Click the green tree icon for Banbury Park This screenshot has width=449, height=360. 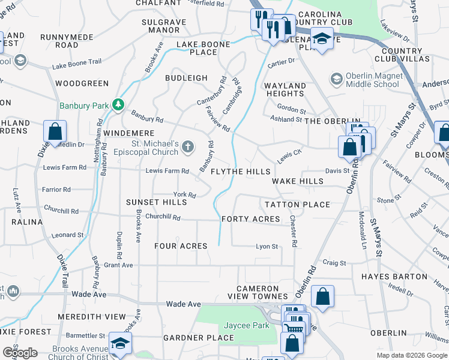[x=119, y=105]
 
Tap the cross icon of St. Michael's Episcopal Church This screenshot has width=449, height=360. [x=188, y=146]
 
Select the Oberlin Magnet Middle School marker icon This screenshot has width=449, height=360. [x=336, y=79]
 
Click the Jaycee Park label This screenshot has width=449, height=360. [x=246, y=325]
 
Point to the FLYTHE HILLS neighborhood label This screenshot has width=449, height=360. [x=241, y=172]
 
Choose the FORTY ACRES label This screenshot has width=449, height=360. [x=251, y=219]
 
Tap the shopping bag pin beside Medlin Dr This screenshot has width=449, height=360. [x=55, y=131]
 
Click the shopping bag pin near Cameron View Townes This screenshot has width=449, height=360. [x=322, y=296]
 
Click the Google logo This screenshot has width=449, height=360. [x=20, y=352]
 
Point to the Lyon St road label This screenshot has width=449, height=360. [x=267, y=247]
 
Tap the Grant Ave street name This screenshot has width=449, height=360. [x=118, y=265]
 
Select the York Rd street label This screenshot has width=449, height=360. [x=184, y=195]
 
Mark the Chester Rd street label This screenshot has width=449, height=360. [x=294, y=232]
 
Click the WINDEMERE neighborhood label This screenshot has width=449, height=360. [x=129, y=133]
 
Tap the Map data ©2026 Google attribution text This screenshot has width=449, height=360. [x=411, y=355]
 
